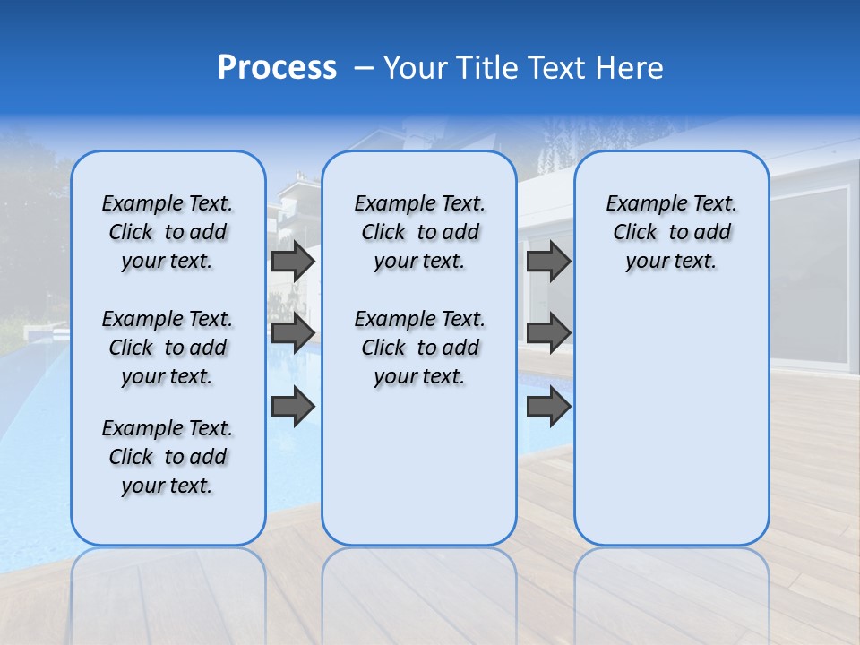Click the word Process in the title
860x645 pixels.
[x=277, y=67]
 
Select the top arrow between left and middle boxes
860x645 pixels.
[x=293, y=261]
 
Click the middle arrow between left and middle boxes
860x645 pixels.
[x=293, y=333]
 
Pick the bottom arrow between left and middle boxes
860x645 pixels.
[x=293, y=407]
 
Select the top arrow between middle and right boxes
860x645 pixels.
[x=548, y=261]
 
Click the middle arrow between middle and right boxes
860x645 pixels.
[x=548, y=333]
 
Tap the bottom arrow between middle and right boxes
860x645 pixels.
[x=548, y=407]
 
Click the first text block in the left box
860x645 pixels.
[x=168, y=232]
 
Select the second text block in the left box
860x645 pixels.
[x=168, y=348]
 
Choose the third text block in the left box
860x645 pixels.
[x=168, y=457]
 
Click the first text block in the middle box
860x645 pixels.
[x=419, y=232]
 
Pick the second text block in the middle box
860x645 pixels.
[x=419, y=348]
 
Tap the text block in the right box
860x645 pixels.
[x=671, y=232]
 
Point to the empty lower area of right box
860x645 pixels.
[x=671, y=421]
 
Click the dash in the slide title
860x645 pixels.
[x=363, y=68]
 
